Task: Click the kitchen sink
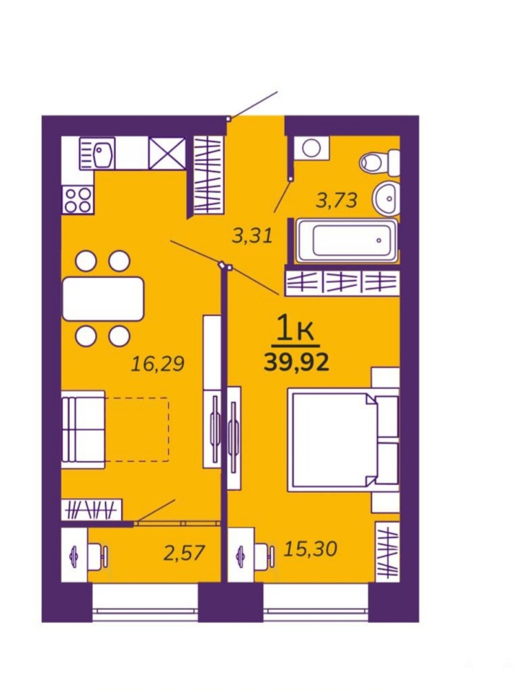click(x=97, y=153)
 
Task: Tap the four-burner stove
click(x=78, y=200)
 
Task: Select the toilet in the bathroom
click(x=381, y=163)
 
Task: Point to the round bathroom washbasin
click(x=386, y=199)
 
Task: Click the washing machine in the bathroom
click(x=311, y=148)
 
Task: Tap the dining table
click(x=103, y=298)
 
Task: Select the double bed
click(x=343, y=441)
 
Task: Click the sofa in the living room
click(x=83, y=429)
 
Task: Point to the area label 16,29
click(x=158, y=364)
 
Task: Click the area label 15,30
click(x=310, y=549)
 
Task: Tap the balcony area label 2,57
click(x=184, y=553)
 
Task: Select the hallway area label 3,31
click(x=252, y=236)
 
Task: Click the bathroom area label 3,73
click(x=336, y=201)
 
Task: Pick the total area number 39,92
click(x=296, y=363)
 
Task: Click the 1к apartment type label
click(x=295, y=330)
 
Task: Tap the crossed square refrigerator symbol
click(x=167, y=153)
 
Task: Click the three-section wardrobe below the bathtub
click(x=343, y=282)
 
